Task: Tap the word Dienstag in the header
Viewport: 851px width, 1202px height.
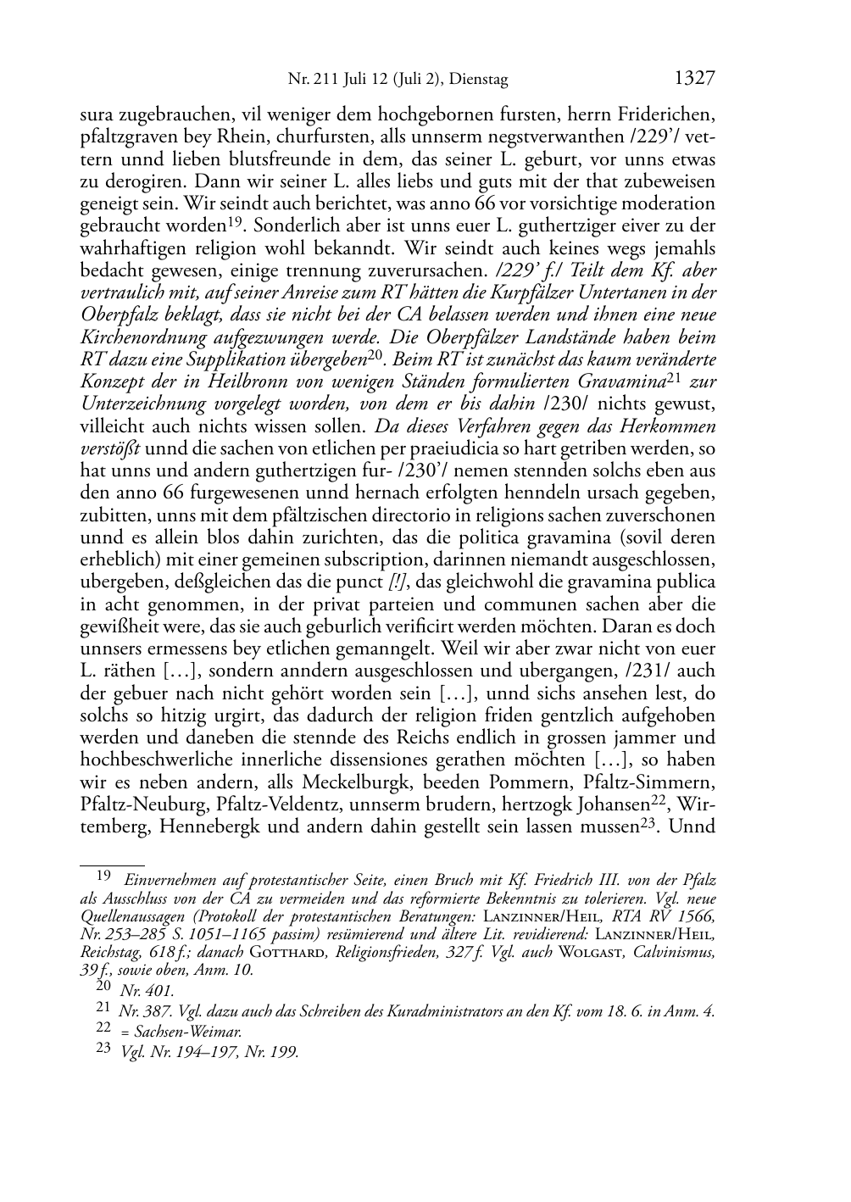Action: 478,81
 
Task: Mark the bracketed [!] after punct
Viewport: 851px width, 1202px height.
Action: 397,582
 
